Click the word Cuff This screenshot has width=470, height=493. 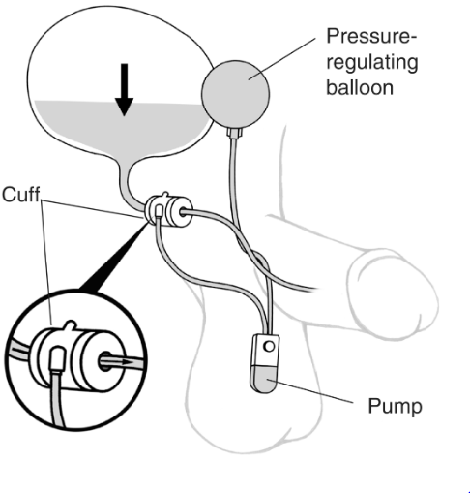(x=21, y=195)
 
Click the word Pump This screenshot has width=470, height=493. (x=395, y=407)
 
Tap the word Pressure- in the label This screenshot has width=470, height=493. (x=371, y=36)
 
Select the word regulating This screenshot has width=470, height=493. (x=372, y=62)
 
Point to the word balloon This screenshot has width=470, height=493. (x=360, y=87)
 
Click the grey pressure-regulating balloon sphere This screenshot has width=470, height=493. (x=235, y=94)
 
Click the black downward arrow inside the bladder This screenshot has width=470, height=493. (x=124, y=89)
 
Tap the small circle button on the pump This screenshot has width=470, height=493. (x=269, y=347)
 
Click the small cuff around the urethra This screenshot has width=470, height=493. (x=168, y=210)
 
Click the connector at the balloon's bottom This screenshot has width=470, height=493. (x=235, y=133)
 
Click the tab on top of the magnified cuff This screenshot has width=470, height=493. (x=71, y=324)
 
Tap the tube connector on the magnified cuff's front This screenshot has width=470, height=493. (x=57, y=358)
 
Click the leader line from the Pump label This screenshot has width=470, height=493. (x=314, y=392)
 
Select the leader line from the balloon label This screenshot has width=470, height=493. (x=282, y=58)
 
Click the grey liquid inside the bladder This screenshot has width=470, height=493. (x=123, y=128)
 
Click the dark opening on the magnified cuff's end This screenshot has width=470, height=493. (x=105, y=361)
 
